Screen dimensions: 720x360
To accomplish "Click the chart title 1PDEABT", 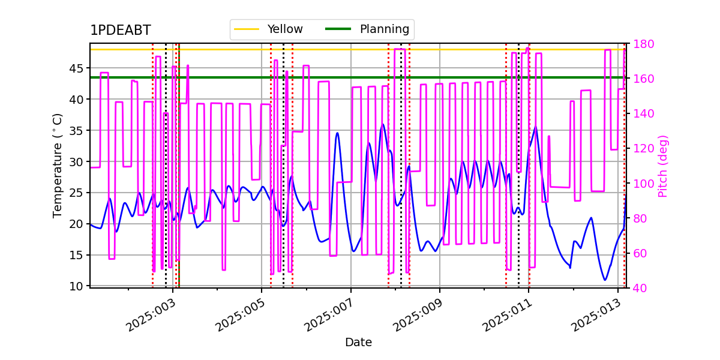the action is coord(120,30).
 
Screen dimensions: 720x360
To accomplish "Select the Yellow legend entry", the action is coord(268,29).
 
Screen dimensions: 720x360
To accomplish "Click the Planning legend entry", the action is coord(367,29).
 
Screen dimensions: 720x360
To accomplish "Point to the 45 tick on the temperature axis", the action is coord(76,68).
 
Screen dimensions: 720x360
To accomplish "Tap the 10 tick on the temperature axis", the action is coord(76,286).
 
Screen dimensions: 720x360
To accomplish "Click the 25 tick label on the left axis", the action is coord(76,193).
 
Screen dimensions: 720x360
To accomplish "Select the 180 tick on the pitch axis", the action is coord(643,44).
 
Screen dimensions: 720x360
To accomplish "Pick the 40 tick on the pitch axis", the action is coord(640,288).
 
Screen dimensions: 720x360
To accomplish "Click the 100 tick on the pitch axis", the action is coord(643,184).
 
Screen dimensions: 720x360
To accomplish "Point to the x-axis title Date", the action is coord(358,342).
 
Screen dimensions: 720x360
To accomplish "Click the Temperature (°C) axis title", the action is coord(57,166).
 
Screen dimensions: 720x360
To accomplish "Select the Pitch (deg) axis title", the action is coord(663,166).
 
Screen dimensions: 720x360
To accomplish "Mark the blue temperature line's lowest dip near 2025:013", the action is coord(605,280).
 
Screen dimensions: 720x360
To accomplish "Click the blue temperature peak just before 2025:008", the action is coord(383,124).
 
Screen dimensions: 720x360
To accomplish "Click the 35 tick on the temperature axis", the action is coord(76,131).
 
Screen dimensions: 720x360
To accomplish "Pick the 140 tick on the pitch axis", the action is coord(643,113).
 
